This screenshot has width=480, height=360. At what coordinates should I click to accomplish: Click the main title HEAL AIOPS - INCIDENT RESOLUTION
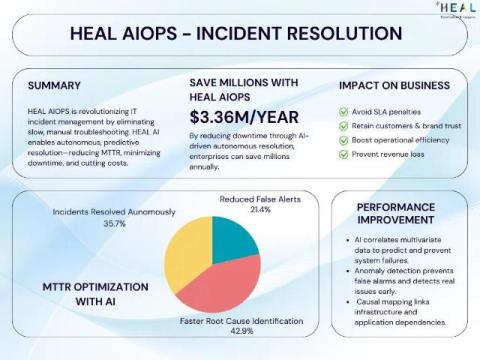tap(236, 33)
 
